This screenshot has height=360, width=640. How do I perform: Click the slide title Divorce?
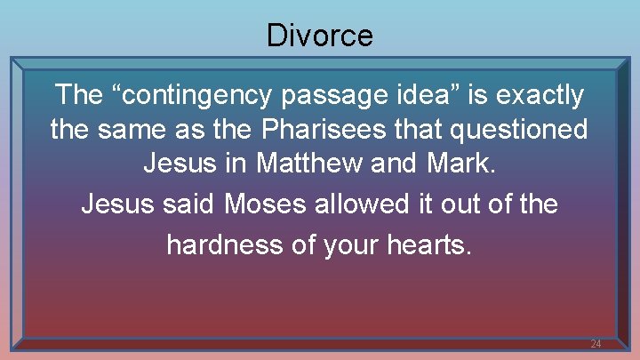click(319, 36)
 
